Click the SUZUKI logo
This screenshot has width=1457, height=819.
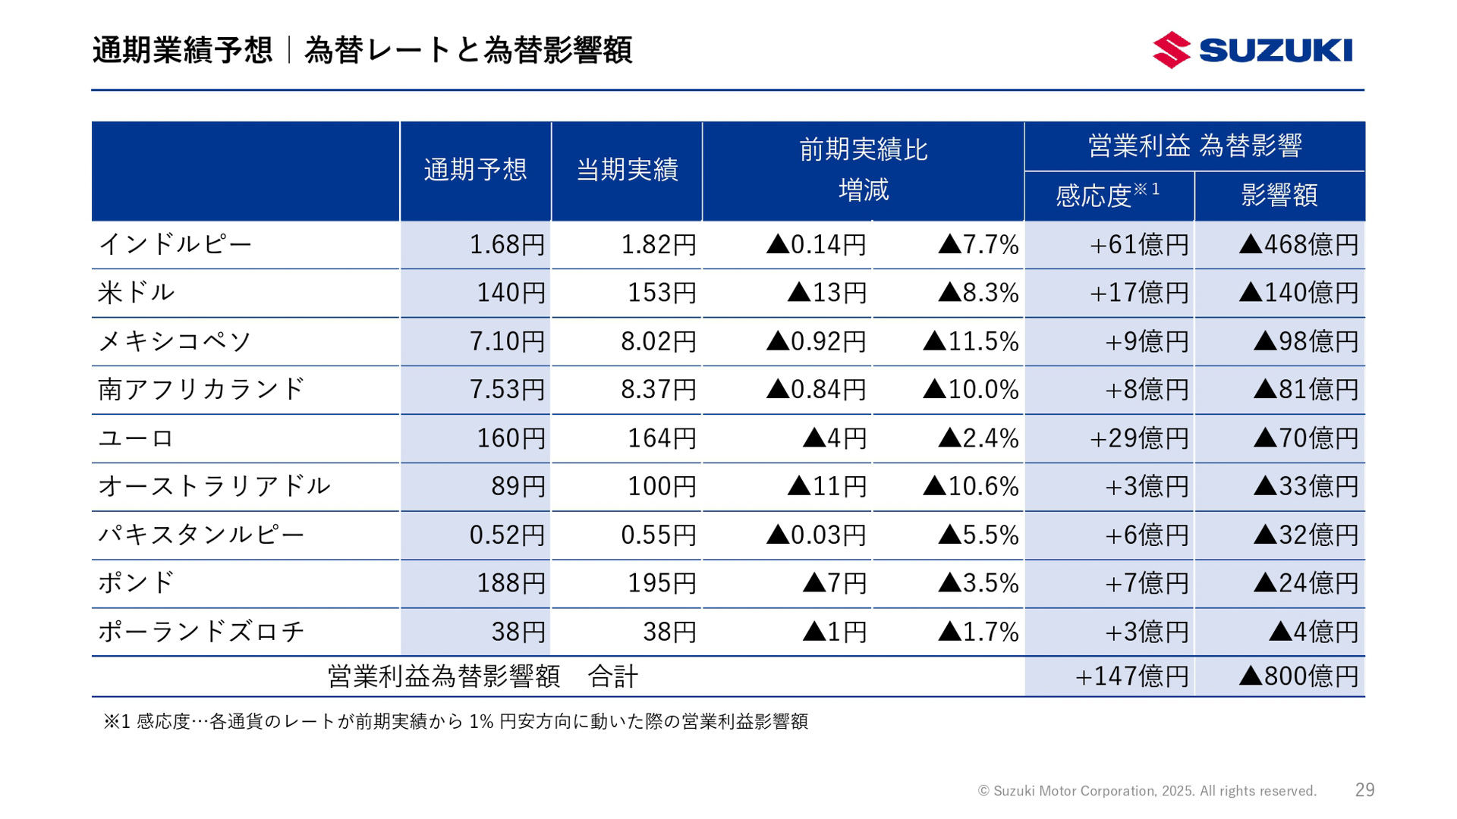click(x=1252, y=50)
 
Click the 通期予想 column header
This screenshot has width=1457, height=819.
click(x=475, y=169)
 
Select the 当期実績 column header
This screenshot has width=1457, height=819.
click(x=627, y=169)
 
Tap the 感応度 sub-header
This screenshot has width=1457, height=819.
click(x=1107, y=195)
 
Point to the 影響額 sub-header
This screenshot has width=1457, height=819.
click(x=1279, y=195)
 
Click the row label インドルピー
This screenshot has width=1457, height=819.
click(x=175, y=244)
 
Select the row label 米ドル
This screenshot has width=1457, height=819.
click(x=137, y=292)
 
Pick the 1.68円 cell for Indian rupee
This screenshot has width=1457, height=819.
click(x=507, y=244)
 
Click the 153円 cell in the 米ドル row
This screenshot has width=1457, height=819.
click(x=661, y=293)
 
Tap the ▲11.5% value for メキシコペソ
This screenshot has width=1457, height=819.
click(x=971, y=341)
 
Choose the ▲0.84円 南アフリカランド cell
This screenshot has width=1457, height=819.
click(x=816, y=389)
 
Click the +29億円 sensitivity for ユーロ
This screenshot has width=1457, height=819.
click(x=1138, y=438)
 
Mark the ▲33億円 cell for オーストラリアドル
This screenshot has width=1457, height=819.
click(x=1305, y=486)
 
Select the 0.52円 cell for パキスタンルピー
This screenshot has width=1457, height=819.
click(x=507, y=535)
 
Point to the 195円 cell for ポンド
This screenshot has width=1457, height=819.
click(x=661, y=582)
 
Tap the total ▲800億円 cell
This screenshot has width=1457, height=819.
click(x=1298, y=676)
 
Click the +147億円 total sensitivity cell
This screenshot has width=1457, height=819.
click(x=1131, y=676)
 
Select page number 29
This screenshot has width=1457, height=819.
click(x=1364, y=790)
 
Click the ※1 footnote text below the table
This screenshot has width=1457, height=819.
click(x=455, y=721)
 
